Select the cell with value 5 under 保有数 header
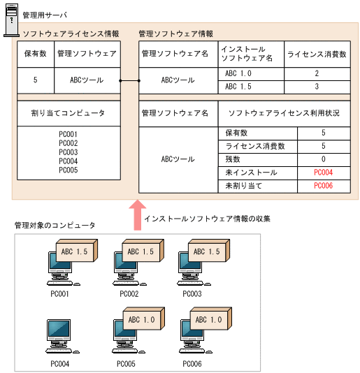pos(35,80)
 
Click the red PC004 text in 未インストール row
pos(323,173)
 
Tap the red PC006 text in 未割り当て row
pos(323,186)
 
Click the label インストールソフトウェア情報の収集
pos(206,219)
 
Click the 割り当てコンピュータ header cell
pos(69,112)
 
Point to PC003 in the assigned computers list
pos(69,152)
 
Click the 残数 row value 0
pos(323,159)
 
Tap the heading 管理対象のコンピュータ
pos(55,225)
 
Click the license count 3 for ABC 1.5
pos(317,87)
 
